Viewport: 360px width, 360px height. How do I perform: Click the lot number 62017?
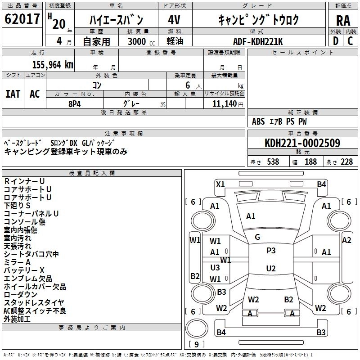click(x=22, y=19)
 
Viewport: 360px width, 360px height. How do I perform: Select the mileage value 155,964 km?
click(x=53, y=65)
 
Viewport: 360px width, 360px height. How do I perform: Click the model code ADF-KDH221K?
click(x=258, y=41)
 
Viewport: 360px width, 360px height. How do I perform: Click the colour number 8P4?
click(x=75, y=103)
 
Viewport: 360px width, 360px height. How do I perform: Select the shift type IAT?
click(x=13, y=94)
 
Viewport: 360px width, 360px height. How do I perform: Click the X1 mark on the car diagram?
click(x=220, y=184)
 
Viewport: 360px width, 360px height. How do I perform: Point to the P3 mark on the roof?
click(x=271, y=251)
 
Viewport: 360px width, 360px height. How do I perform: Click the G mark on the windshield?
click(x=257, y=237)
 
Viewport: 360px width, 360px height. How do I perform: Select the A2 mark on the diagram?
click(x=346, y=240)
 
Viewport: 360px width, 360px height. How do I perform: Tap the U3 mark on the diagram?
click(x=215, y=267)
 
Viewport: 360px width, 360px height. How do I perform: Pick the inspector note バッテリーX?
click(x=24, y=270)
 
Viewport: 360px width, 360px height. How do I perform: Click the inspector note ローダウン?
click(x=21, y=294)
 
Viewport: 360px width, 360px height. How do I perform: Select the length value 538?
click(x=273, y=162)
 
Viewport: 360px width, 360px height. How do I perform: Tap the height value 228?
click(x=346, y=162)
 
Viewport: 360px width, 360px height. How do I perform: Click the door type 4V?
click(x=174, y=19)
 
